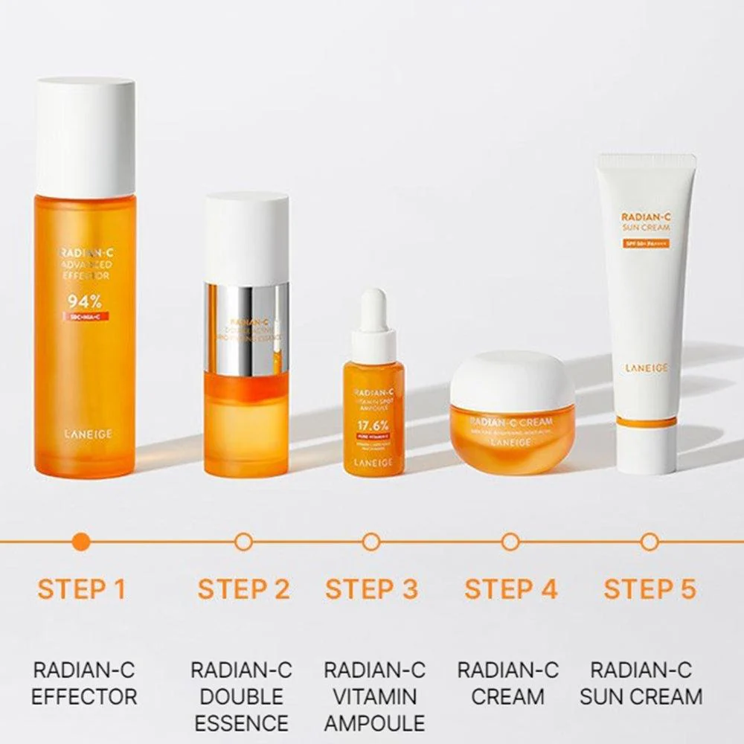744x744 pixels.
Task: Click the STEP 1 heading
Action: (82, 589)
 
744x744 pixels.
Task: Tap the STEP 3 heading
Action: (372, 589)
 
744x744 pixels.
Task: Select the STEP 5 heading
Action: (650, 589)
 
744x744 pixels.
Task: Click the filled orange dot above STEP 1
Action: (83, 542)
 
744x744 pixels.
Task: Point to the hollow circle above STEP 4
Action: (510, 542)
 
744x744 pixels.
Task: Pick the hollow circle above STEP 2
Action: (243, 542)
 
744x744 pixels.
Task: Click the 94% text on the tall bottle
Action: (85, 302)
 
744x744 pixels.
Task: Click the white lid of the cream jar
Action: (512, 379)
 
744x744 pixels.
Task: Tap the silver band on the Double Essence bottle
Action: (247, 327)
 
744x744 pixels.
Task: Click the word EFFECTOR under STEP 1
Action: (84, 696)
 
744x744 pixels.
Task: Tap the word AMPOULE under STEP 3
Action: (373, 722)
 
